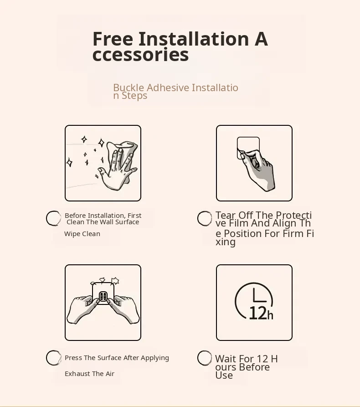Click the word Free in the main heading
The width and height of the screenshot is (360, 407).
pyautogui.click(x=113, y=39)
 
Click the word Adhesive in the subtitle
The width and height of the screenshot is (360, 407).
pyautogui.click(x=168, y=88)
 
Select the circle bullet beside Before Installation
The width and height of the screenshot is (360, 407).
pyautogui.click(x=53, y=218)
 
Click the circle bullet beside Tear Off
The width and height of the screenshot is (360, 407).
pyautogui.click(x=205, y=218)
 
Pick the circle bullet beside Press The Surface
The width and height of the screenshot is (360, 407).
pyautogui.click(x=53, y=358)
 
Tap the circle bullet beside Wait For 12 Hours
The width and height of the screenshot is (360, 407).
pyautogui.click(x=205, y=358)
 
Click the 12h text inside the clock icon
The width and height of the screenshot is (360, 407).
pyautogui.click(x=261, y=313)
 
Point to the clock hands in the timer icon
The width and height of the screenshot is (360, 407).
pyautogui.click(x=259, y=295)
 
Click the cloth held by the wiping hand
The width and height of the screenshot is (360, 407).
pyautogui.click(x=124, y=156)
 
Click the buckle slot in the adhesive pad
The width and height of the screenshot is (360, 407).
pyautogui.click(x=103, y=296)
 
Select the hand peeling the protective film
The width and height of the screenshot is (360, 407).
pyautogui.click(x=258, y=169)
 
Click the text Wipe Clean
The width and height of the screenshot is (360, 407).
pyautogui.click(x=82, y=234)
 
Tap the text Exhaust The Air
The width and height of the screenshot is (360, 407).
pyautogui.click(x=90, y=374)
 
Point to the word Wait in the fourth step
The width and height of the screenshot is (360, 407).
pyautogui.click(x=226, y=359)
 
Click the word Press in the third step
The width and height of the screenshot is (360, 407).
pyautogui.click(x=73, y=358)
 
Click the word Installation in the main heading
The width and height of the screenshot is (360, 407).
pyautogui.click(x=194, y=39)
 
